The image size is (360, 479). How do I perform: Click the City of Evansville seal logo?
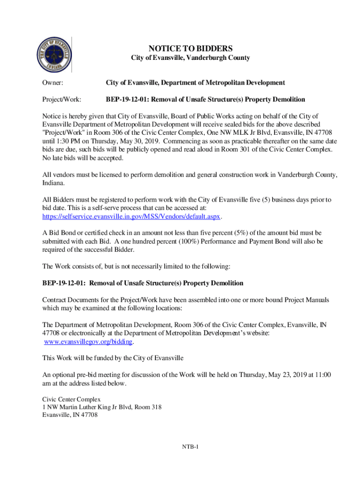point(54,55)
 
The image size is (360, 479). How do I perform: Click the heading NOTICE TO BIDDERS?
point(190,49)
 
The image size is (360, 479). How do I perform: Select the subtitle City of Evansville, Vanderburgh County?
point(190,58)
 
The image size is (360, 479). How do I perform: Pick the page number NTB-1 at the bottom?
point(191,447)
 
